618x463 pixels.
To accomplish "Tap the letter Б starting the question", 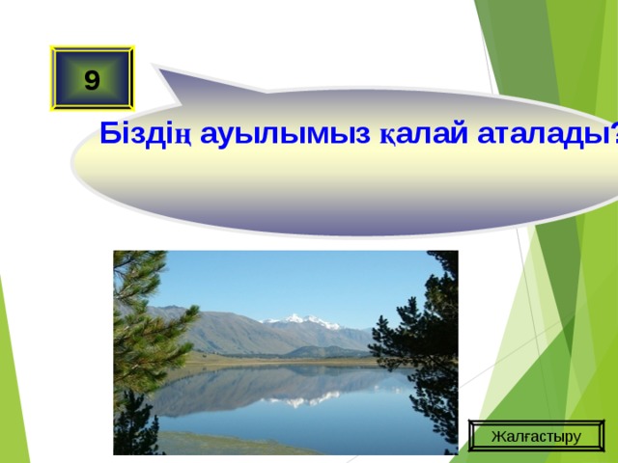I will [x=108, y=134].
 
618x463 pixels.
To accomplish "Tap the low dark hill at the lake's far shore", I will [x=328, y=352].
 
